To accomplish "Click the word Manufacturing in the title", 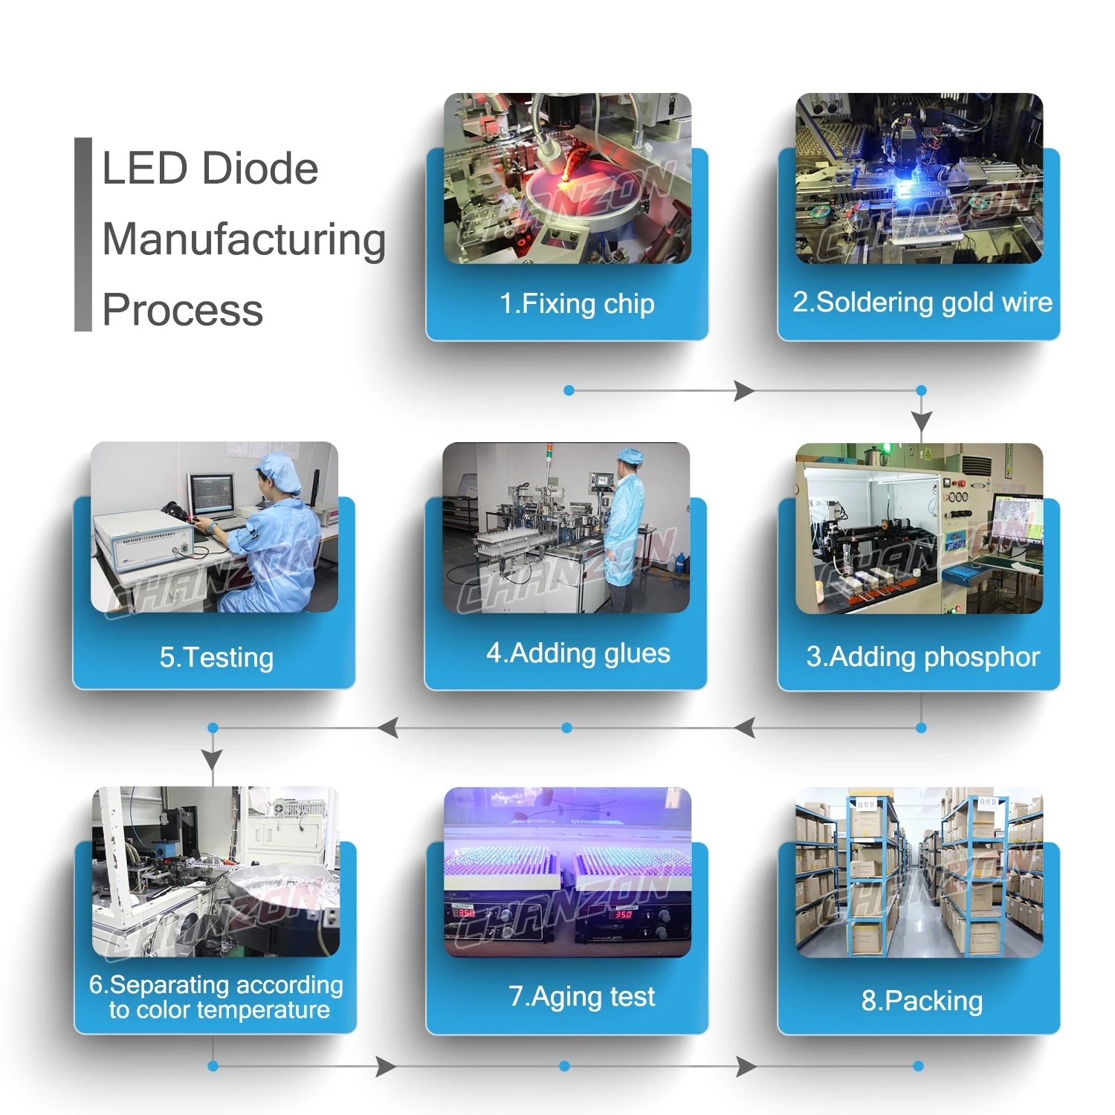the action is tap(244, 239).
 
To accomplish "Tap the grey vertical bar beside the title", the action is tap(83, 234).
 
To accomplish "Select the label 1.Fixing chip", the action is tap(577, 303).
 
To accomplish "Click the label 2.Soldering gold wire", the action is tap(922, 303).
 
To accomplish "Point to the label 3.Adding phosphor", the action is tap(922, 656).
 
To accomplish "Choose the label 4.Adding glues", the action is tap(578, 653).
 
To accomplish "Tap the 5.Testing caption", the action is tap(216, 657).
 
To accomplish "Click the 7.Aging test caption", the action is tap(581, 996).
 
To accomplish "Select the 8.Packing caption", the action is tap(922, 1001).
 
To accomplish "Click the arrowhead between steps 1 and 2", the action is tap(743, 390).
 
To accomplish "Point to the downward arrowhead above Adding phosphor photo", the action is tap(922, 421).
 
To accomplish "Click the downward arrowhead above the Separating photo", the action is tap(213, 759).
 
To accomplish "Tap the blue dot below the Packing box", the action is tap(918, 1066).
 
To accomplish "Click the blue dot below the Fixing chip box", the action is tap(569, 390).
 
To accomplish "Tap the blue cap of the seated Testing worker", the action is tap(279, 473).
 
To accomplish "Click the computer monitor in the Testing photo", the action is tap(213, 494).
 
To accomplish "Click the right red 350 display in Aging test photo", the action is tap(623, 914).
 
